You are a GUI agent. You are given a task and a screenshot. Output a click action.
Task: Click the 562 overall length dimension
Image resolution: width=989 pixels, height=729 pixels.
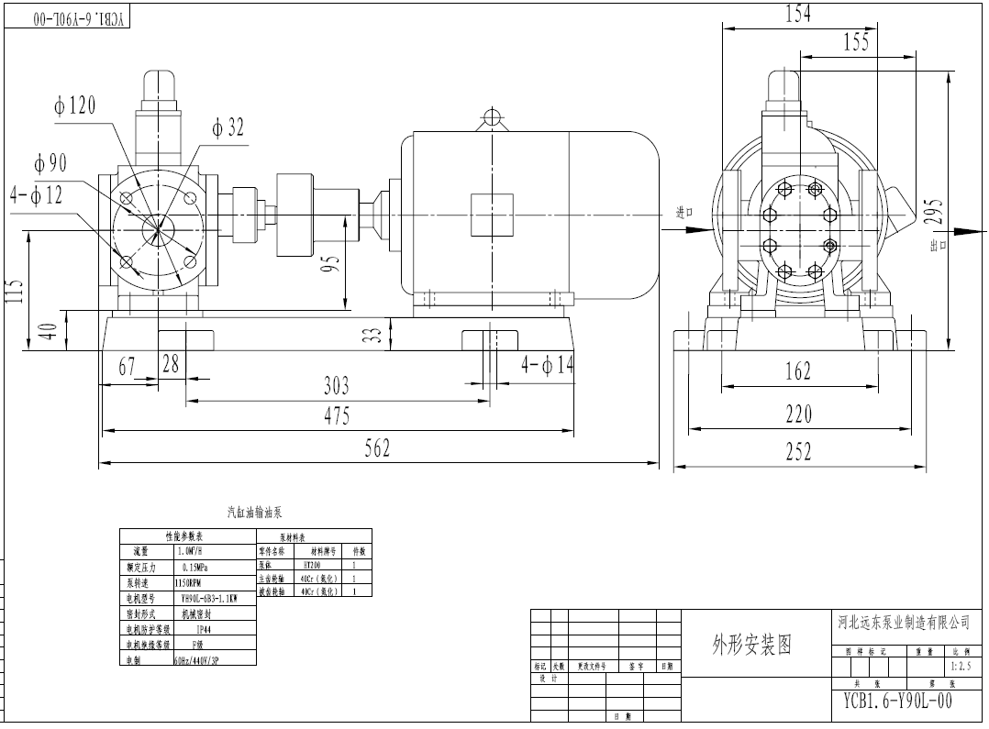click(376, 447)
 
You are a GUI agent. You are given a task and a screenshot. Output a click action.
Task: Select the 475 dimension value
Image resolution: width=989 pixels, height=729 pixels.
click(337, 415)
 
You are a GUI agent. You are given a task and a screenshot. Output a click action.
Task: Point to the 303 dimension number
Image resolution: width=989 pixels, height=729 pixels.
click(337, 385)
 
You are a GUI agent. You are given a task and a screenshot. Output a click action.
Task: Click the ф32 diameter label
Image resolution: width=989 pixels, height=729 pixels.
click(228, 127)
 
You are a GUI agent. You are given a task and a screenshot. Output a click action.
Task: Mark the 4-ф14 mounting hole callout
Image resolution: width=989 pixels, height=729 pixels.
click(548, 365)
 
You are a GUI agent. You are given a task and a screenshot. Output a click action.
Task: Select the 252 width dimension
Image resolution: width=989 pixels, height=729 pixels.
click(798, 450)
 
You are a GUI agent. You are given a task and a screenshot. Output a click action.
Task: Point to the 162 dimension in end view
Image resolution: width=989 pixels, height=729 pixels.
click(798, 371)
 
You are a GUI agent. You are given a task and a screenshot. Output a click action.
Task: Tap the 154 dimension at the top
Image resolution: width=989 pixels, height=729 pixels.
click(797, 15)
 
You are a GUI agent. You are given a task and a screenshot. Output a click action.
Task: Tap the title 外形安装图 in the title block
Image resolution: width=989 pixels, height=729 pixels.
click(751, 645)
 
